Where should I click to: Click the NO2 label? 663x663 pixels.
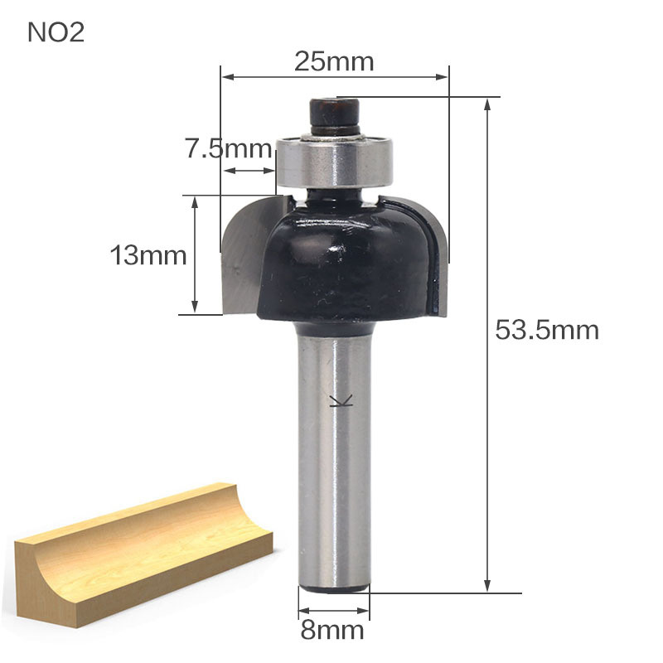tap(56, 32)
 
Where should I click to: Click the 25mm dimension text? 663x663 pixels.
tap(334, 61)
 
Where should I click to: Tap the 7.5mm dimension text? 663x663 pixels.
tap(228, 149)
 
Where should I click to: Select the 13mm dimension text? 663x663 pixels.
tap(149, 255)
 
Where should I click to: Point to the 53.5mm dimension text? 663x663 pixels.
tap(547, 330)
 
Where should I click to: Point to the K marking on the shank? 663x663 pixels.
tap(340, 403)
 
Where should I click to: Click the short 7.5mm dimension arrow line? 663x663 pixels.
tap(248, 171)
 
